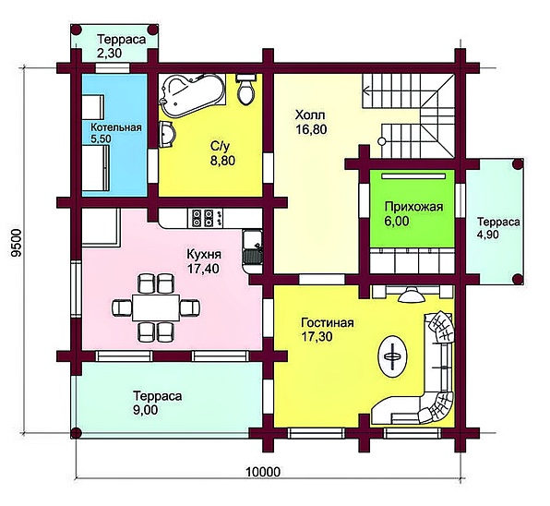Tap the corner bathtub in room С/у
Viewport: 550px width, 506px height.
tap(192, 95)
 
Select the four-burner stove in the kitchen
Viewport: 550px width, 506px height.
tap(203, 218)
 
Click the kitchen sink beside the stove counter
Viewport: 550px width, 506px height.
tap(252, 251)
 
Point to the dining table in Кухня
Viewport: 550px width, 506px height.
tap(156, 307)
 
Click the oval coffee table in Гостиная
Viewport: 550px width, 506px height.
tap(392, 356)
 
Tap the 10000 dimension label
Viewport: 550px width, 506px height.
tap(263, 472)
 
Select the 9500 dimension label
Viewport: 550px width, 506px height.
tap(16, 244)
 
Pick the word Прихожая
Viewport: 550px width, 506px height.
tap(413, 207)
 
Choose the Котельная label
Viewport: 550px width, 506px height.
tap(116, 127)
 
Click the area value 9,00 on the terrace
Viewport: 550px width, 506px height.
tap(145, 410)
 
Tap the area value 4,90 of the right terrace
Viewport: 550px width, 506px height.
tap(487, 235)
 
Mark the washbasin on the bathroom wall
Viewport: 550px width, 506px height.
tap(167, 135)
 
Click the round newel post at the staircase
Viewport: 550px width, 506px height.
tap(382, 141)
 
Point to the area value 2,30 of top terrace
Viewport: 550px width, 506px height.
tap(109, 53)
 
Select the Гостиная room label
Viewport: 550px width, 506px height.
tap(328, 322)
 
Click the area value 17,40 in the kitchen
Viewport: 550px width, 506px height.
tap(203, 269)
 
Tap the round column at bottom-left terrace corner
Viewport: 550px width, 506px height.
tap(76, 433)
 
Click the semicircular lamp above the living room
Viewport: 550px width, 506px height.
tap(411, 295)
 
